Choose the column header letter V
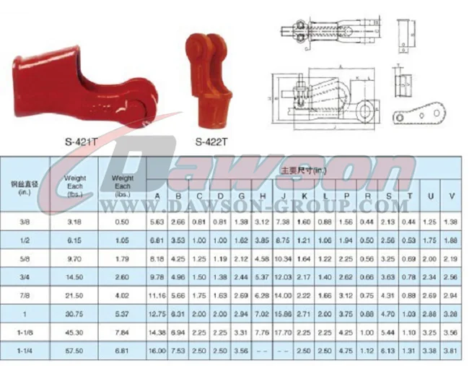coord(452,196)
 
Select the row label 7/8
coord(25,295)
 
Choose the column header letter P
coord(347,196)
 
